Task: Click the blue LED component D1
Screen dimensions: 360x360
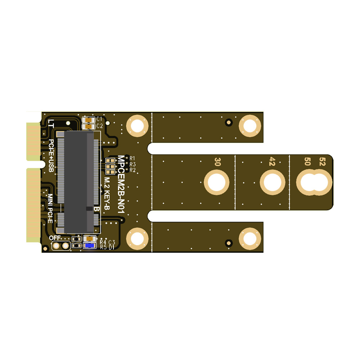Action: (89, 246)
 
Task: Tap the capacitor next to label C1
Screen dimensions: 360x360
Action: (88, 120)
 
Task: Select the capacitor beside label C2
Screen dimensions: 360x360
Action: (88, 126)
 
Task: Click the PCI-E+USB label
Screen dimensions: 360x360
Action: (51, 155)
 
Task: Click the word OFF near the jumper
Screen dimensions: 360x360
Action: (55, 238)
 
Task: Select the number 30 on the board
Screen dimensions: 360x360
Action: (217, 161)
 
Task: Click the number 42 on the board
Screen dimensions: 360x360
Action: (272, 161)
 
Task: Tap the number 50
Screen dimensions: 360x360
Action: (308, 161)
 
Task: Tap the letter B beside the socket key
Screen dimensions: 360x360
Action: (96, 209)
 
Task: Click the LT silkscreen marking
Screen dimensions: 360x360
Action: (51, 124)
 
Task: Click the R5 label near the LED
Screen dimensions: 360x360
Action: (103, 247)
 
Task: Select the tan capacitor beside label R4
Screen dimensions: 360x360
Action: (89, 238)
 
